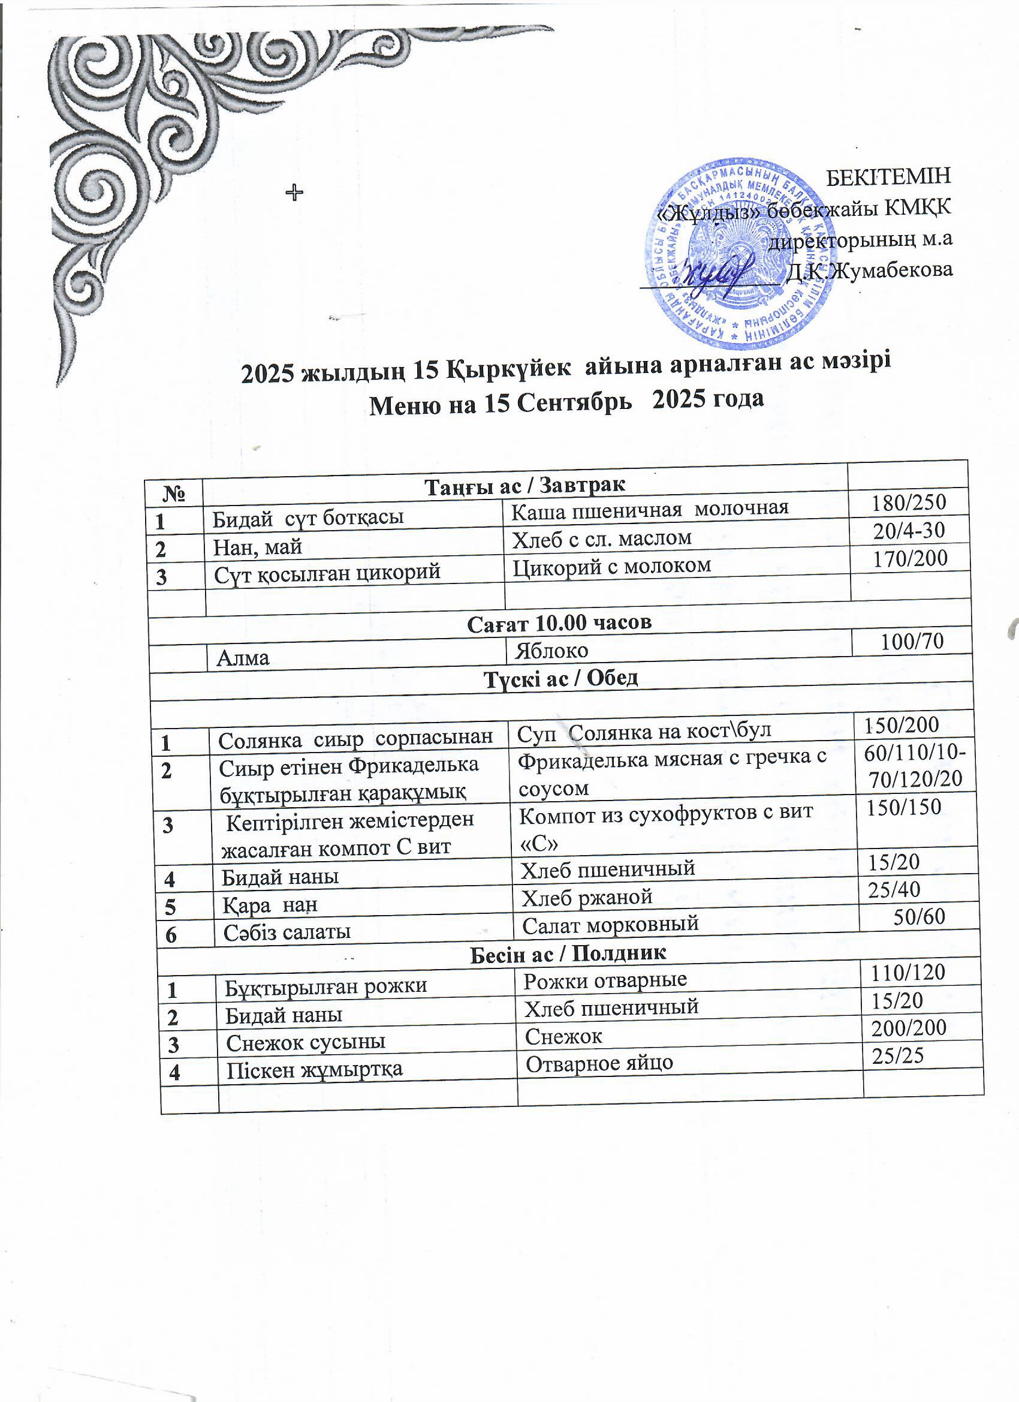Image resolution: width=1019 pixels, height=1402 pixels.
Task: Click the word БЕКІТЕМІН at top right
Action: point(888,176)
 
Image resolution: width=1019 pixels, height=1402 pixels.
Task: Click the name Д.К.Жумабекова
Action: point(868,270)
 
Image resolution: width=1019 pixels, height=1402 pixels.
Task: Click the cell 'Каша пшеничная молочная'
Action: point(650,508)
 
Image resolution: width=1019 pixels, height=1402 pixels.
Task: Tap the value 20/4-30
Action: point(910,530)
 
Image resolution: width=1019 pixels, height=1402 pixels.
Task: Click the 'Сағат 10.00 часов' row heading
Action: point(559,622)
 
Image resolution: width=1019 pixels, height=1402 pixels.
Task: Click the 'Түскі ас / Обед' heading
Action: point(560,678)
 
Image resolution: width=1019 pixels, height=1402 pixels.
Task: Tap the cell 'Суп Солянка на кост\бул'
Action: point(644,732)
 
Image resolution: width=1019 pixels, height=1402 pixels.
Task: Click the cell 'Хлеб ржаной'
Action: point(586,897)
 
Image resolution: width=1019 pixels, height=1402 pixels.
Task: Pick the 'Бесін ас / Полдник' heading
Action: point(568,953)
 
